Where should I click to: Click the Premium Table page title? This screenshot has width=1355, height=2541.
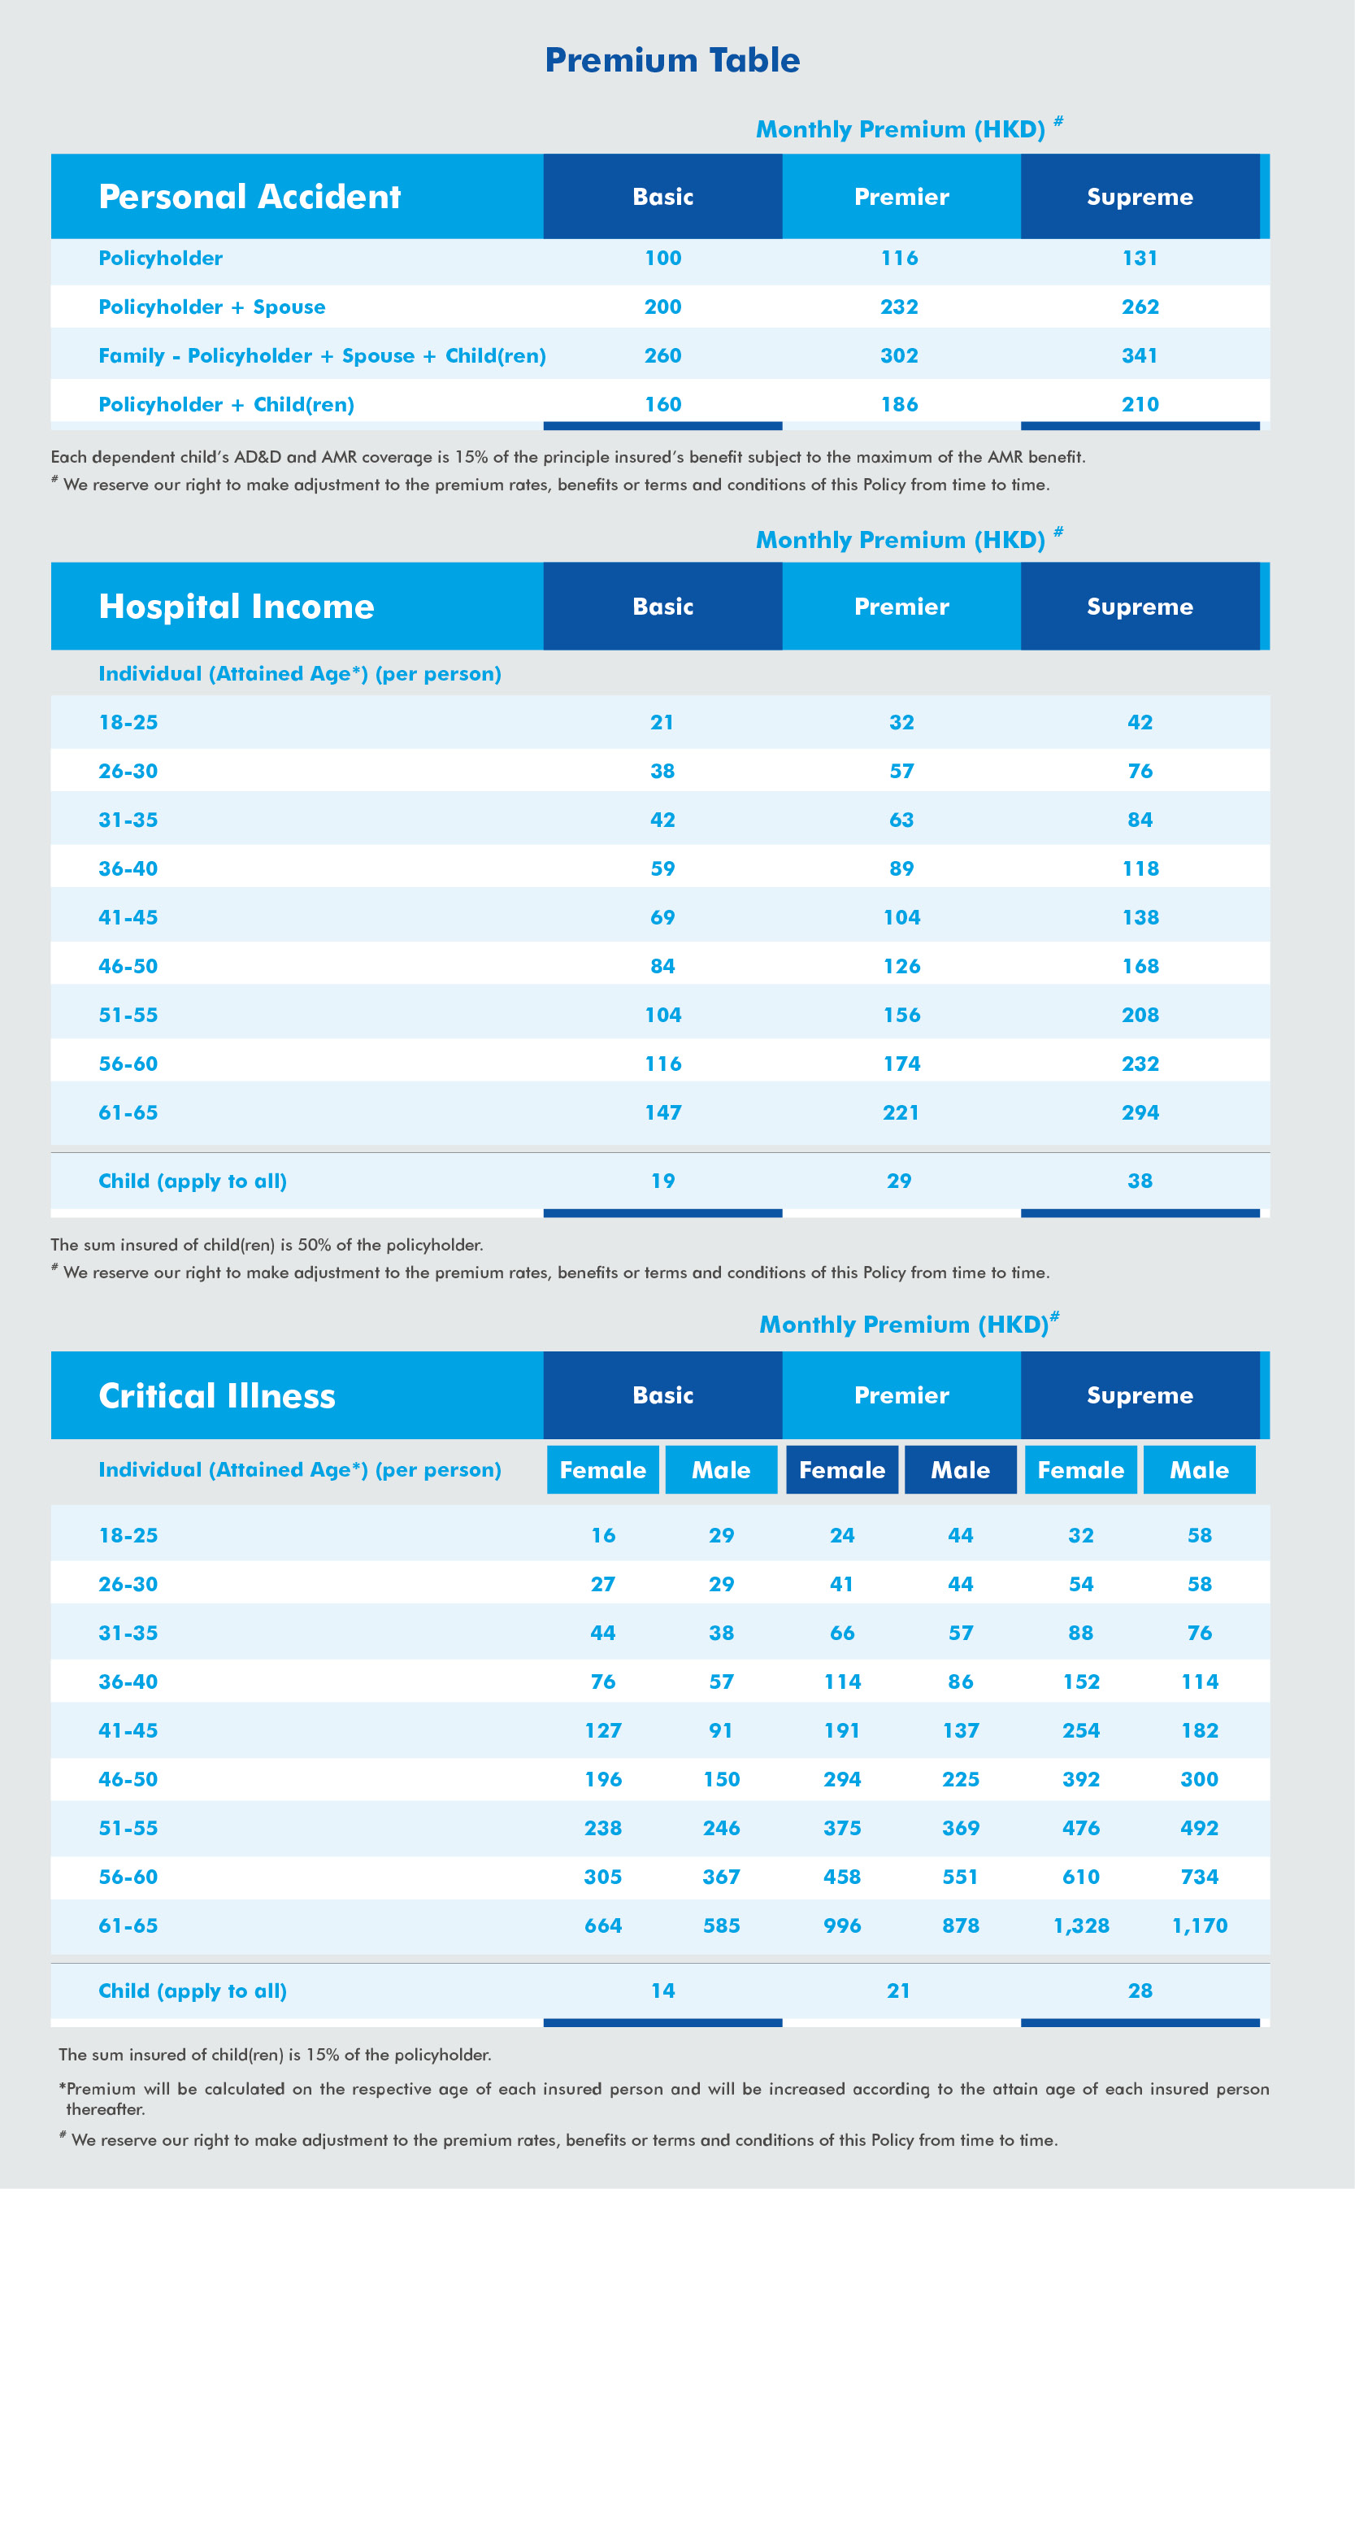(x=672, y=60)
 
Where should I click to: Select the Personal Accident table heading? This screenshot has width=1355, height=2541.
(x=250, y=196)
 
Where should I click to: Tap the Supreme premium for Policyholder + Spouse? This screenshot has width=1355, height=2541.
(x=1140, y=307)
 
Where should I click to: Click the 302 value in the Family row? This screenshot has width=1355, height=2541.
(x=899, y=355)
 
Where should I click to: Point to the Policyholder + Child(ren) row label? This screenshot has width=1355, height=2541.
(x=226, y=404)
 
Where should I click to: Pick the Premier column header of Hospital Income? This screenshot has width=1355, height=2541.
(x=901, y=607)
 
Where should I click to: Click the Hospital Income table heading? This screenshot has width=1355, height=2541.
(x=237, y=607)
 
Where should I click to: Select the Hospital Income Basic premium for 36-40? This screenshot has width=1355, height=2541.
(x=662, y=869)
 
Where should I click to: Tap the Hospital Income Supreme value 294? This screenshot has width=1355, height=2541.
(x=1140, y=1112)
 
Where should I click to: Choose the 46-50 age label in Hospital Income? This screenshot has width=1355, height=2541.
(x=128, y=967)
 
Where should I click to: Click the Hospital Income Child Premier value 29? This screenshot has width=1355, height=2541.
(x=899, y=1181)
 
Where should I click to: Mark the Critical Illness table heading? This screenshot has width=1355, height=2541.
(x=217, y=1396)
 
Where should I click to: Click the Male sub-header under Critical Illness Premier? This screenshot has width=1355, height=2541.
(x=961, y=1470)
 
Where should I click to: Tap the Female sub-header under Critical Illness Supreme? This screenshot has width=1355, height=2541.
(x=1081, y=1470)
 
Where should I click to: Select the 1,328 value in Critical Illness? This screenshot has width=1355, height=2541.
(x=1081, y=1925)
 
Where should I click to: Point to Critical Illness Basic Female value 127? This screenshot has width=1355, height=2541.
(x=602, y=1730)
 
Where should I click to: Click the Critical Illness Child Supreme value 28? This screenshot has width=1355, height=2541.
(x=1140, y=1991)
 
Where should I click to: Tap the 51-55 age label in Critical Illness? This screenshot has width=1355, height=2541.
(x=128, y=1828)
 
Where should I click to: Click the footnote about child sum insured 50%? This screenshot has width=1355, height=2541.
(x=267, y=1245)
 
